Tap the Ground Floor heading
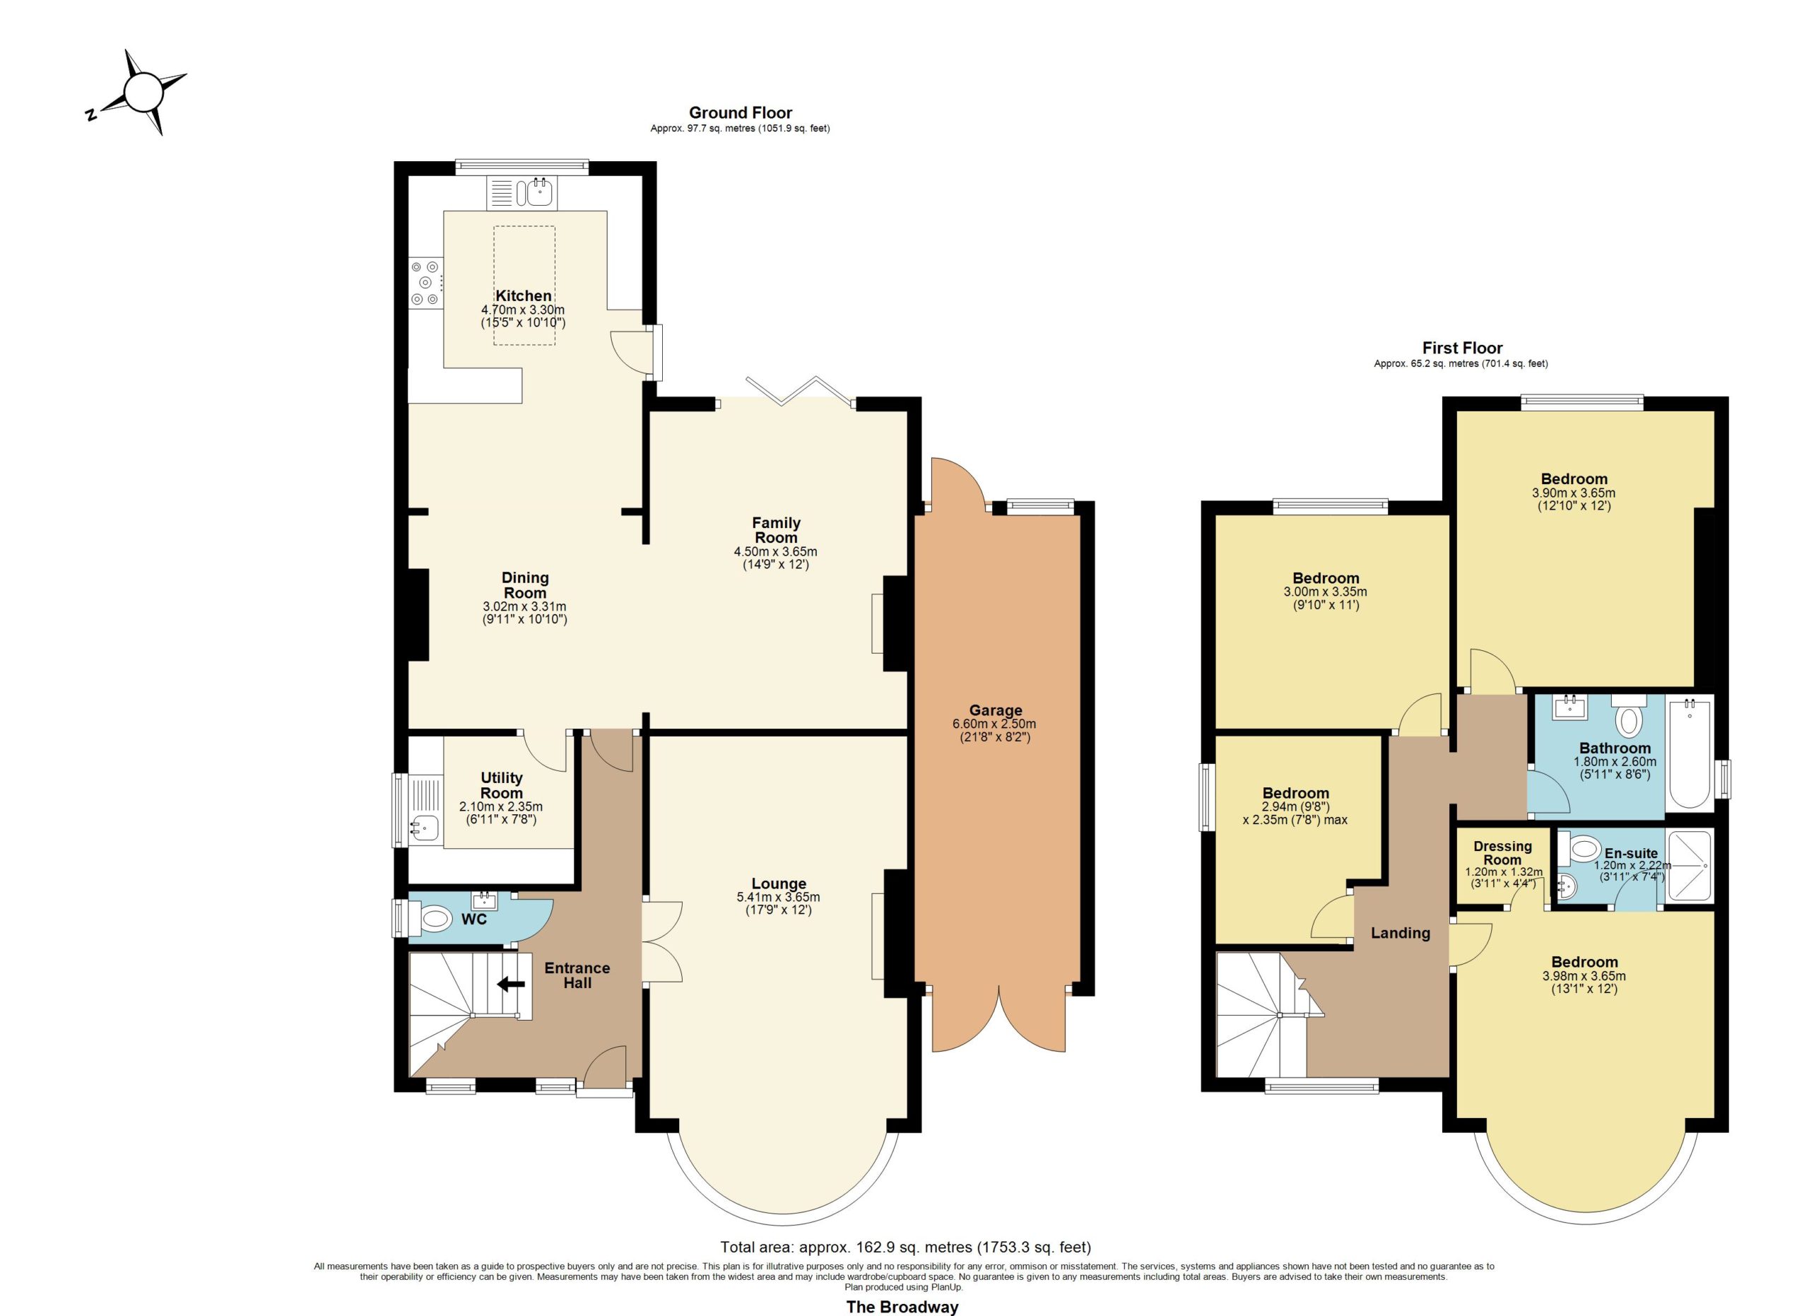[740, 112]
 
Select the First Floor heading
[1462, 348]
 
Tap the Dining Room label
[525, 584]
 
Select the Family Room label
[776, 529]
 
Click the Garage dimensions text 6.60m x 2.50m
[995, 724]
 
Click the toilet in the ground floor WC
[429, 920]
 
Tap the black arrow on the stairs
[512, 985]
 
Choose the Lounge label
[779, 883]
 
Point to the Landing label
[1401, 932]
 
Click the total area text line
[905, 1247]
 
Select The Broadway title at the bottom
[902, 1306]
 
